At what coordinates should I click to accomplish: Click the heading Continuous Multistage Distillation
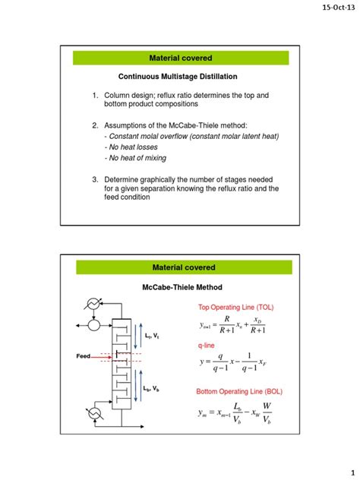(x=177, y=77)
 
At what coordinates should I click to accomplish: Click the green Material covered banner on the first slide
(x=182, y=58)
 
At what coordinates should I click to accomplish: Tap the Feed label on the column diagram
(x=83, y=355)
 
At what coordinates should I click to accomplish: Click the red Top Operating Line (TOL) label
(x=237, y=308)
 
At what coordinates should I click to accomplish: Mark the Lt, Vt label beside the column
(x=152, y=336)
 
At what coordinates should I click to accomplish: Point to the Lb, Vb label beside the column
(x=152, y=389)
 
